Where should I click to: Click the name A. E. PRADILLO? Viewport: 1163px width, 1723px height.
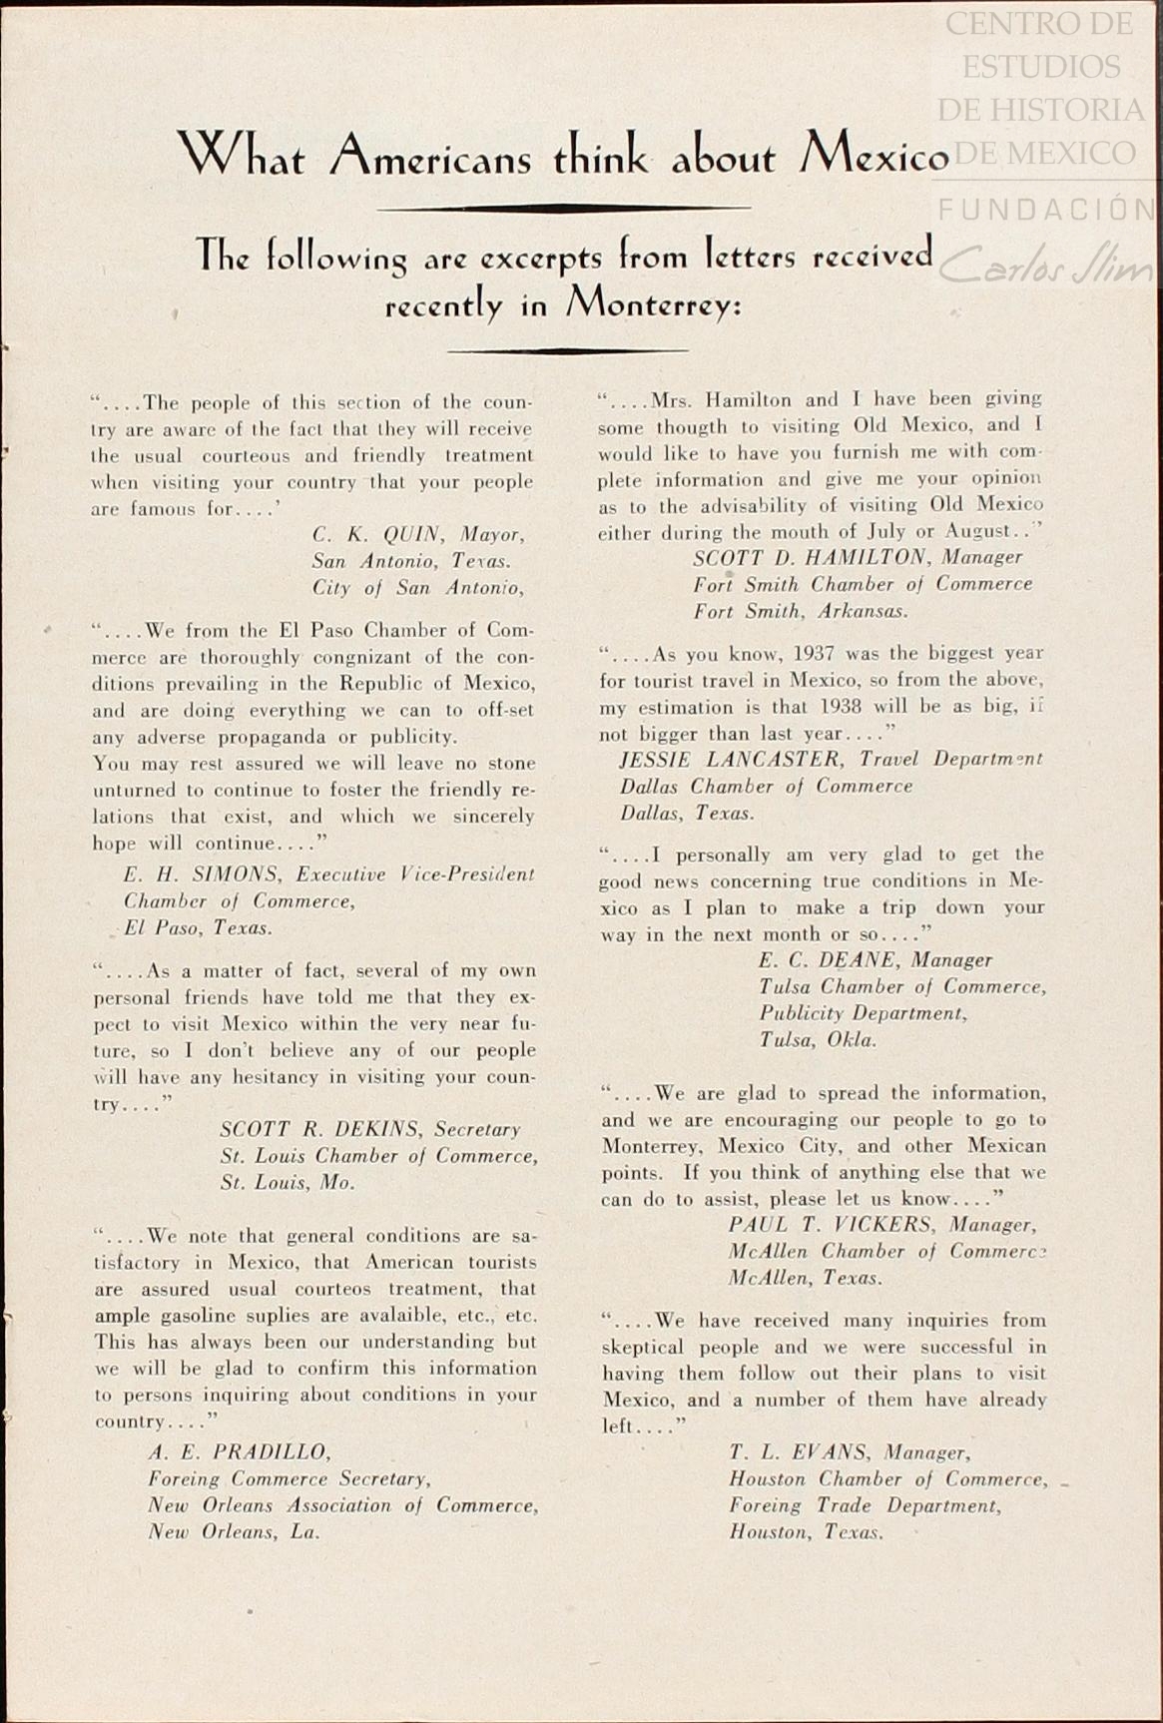238,1451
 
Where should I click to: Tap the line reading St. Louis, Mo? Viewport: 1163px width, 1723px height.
288,1183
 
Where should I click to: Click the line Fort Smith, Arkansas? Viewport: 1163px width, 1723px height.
801,611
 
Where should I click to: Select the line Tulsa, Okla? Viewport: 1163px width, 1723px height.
818,1040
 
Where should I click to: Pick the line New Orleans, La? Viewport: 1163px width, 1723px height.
234,1532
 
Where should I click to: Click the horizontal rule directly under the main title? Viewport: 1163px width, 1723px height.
564,208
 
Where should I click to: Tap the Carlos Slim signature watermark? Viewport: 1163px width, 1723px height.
1048,265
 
